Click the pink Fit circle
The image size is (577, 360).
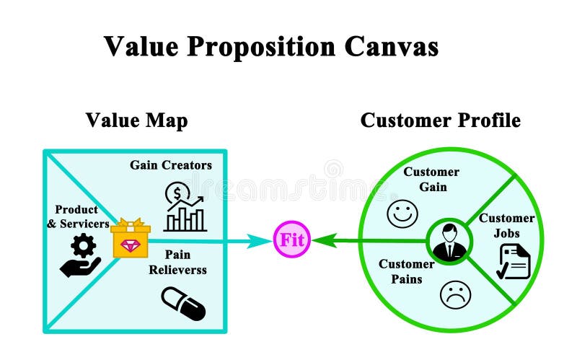[x=292, y=240]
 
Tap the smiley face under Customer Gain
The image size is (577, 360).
[x=402, y=213]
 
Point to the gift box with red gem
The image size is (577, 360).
[x=131, y=239]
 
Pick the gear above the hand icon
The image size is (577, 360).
[x=84, y=247]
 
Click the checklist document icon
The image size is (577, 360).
[x=513, y=261]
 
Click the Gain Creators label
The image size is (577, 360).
[x=171, y=165]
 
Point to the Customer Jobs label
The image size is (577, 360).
[x=507, y=225]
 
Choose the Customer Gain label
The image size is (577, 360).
[x=431, y=179]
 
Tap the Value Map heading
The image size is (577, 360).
[x=136, y=120]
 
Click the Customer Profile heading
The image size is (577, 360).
[x=440, y=120]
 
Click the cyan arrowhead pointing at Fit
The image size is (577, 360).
[x=264, y=240]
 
